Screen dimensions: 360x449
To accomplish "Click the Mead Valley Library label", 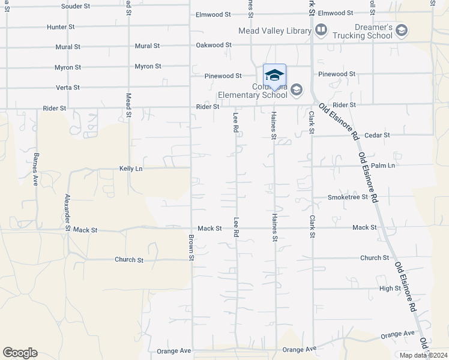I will click(274, 30).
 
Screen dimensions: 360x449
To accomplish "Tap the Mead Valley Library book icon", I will click(321, 29).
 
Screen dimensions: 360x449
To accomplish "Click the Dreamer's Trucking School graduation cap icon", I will click(402, 29).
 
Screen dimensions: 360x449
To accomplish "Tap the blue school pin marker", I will click(274, 76).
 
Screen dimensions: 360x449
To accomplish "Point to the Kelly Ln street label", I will click(131, 169).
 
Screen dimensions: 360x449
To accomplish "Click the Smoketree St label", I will click(347, 197).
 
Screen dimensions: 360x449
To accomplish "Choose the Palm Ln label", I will click(383, 166).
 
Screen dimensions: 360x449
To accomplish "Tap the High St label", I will click(390, 289).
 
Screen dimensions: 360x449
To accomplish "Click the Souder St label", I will click(75, 7).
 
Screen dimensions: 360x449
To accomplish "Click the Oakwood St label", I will click(213, 45).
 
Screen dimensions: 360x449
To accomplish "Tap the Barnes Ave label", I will click(36, 169).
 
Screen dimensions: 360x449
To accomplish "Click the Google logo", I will click(20, 353).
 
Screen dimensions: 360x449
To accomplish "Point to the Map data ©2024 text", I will click(423, 355).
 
